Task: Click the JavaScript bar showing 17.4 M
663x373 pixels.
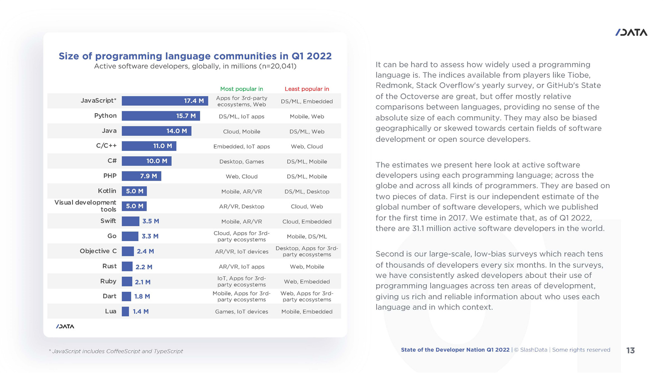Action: pyautogui.click(x=165, y=101)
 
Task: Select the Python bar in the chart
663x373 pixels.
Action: pyautogui.click(x=161, y=116)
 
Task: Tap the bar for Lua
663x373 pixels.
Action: pyautogui.click(x=125, y=312)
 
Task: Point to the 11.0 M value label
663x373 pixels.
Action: pyautogui.click(x=162, y=146)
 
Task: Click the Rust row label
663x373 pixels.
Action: pyautogui.click(x=109, y=266)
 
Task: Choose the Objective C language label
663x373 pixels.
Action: pyautogui.click(x=98, y=251)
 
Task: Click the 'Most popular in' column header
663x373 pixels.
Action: pyautogui.click(x=242, y=89)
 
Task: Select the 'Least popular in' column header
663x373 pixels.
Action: pyautogui.click(x=307, y=89)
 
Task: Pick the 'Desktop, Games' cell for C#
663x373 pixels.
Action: pyautogui.click(x=242, y=162)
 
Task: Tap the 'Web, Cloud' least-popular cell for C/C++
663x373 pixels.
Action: pyautogui.click(x=307, y=146)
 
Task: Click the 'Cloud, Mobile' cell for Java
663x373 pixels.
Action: pyautogui.click(x=242, y=131)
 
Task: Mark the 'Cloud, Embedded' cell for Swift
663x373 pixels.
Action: pyautogui.click(x=307, y=221)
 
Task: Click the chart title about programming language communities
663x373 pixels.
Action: pyautogui.click(x=195, y=56)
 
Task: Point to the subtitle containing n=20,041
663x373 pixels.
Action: pyautogui.click(x=195, y=66)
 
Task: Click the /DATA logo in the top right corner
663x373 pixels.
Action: pyautogui.click(x=631, y=32)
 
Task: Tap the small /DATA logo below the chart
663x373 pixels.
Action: pyautogui.click(x=65, y=327)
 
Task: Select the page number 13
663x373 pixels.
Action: pyautogui.click(x=630, y=351)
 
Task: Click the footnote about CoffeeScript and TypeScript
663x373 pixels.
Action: pyautogui.click(x=116, y=351)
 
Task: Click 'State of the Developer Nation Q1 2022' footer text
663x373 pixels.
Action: pyautogui.click(x=455, y=350)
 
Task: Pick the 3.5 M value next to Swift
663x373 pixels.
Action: pyautogui.click(x=150, y=221)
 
